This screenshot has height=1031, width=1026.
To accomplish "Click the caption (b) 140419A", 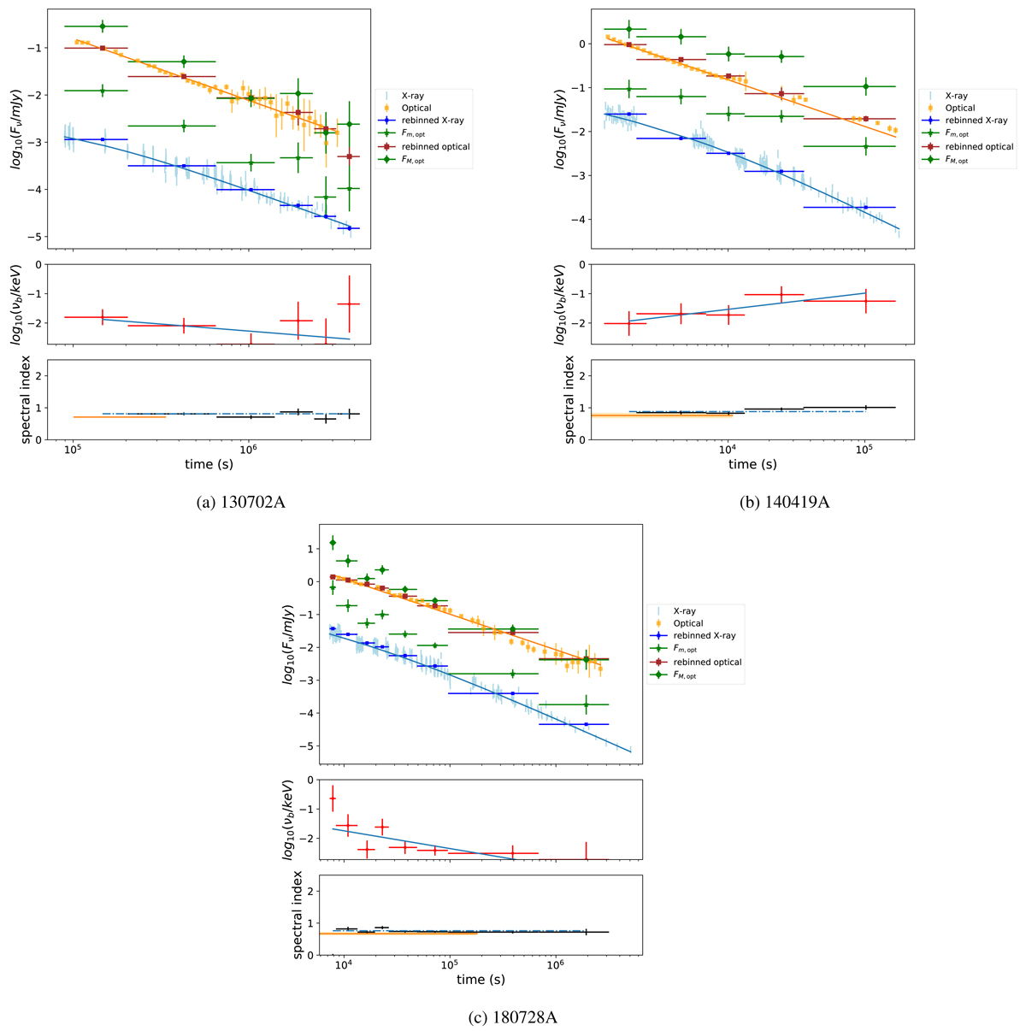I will click(784, 502).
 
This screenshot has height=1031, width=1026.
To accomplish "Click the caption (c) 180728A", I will click(513, 1017).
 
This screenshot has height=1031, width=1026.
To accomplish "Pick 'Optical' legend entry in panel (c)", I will click(686, 623).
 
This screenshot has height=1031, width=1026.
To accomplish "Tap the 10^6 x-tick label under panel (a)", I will click(248, 450).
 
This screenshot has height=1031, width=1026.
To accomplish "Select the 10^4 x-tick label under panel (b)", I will click(728, 450).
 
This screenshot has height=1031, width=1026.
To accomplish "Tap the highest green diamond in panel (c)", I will click(333, 542).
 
